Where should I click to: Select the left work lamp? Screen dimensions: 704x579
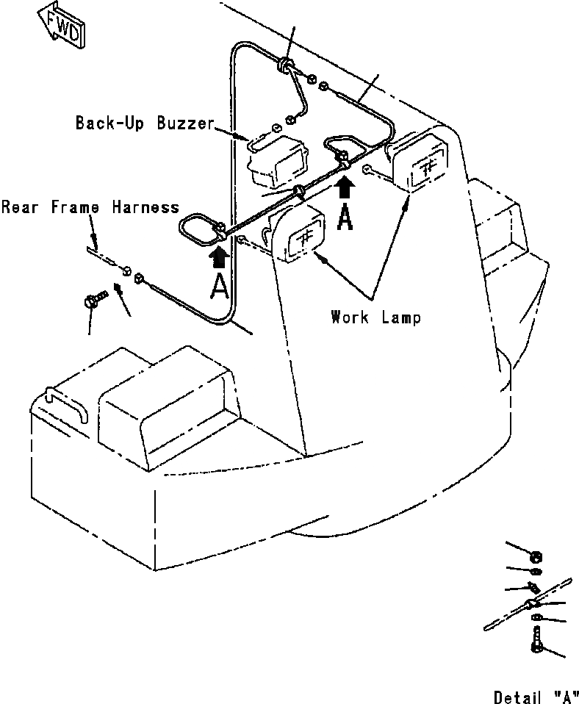[298, 236]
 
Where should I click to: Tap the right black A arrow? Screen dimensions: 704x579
[345, 190]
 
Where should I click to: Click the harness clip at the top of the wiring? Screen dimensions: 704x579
[284, 65]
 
